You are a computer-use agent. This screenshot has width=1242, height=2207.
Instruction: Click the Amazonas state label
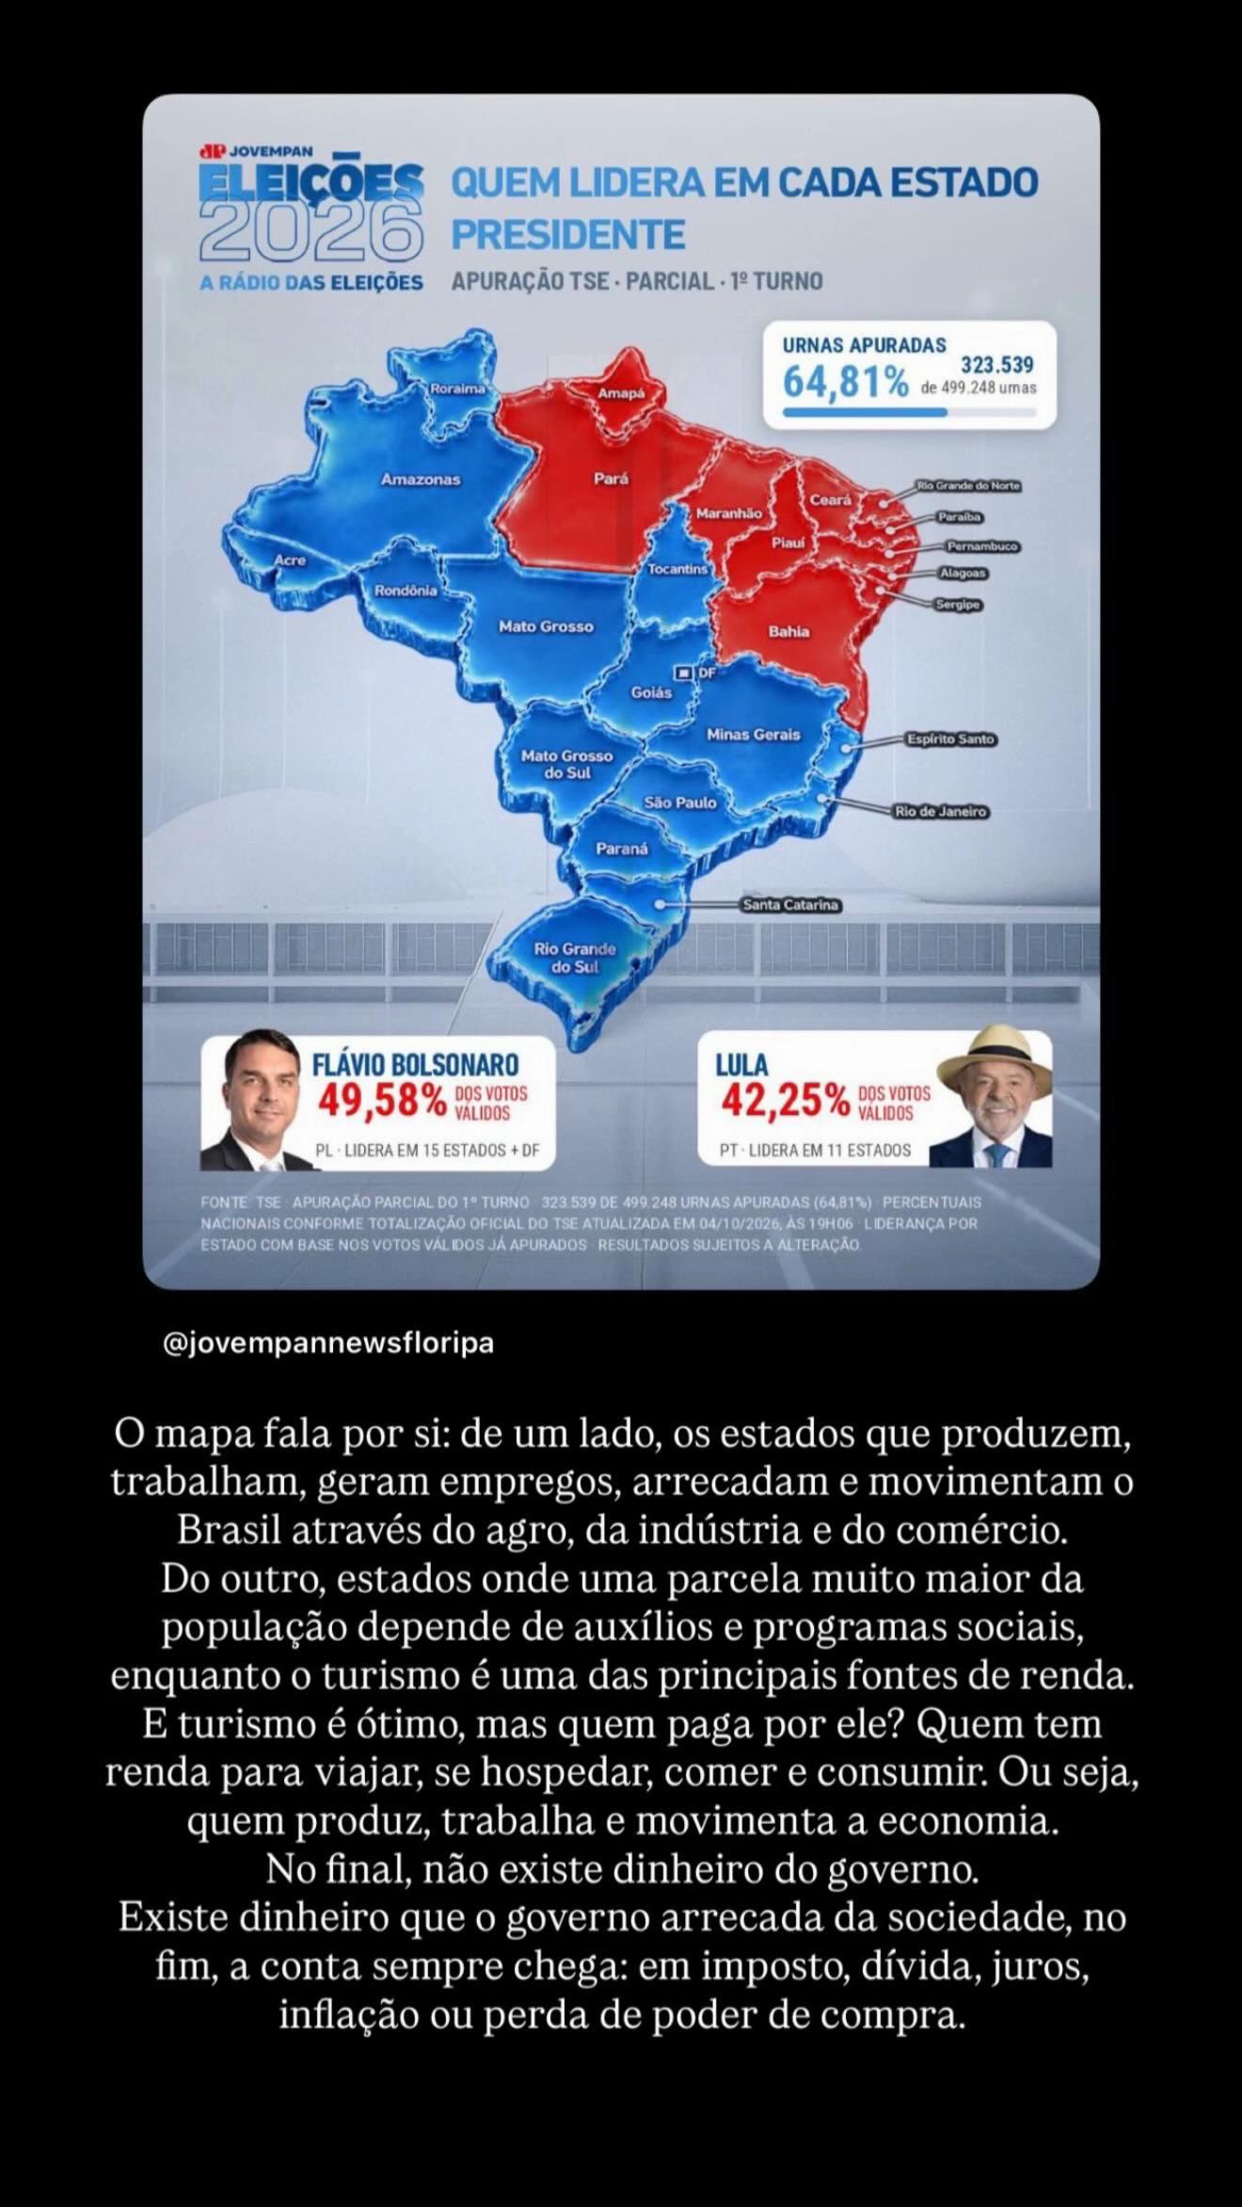pyautogui.click(x=421, y=480)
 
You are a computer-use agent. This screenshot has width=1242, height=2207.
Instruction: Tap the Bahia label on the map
pyautogui.click(x=788, y=631)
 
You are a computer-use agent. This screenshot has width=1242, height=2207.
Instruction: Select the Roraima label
pyautogui.click(x=457, y=389)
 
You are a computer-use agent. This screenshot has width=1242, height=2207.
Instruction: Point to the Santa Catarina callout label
pyautogui.click(x=790, y=905)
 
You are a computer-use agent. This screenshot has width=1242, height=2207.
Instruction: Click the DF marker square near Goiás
pyautogui.click(x=684, y=674)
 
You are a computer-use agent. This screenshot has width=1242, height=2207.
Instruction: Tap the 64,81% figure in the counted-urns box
pyautogui.click(x=846, y=382)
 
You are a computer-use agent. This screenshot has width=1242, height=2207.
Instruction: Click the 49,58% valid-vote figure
pyautogui.click(x=382, y=1101)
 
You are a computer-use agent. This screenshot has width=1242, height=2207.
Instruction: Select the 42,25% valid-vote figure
pyautogui.click(x=785, y=1100)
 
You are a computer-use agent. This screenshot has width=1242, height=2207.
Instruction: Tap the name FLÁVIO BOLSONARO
pyautogui.click(x=415, y=1064)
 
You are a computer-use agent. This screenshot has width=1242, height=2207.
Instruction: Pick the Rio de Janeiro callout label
pyautogui.click(x=941, y=811)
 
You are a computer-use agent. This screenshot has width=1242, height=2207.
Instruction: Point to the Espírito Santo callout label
pyautogui.click(x=950, y=739)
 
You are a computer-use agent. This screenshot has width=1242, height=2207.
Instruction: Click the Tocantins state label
pyautogui.click(x=677, y=569)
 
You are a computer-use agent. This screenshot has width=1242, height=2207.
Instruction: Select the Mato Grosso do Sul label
pyautogui.click(x=566, y=764)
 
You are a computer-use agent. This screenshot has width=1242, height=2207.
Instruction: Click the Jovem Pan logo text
pyautogui.click(x=257, y=151)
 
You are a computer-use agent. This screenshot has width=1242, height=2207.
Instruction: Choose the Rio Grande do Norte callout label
pyautogui.click(x=968, y=486)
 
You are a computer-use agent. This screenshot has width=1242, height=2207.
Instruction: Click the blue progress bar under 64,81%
pyautogui.click(x=865, y=412)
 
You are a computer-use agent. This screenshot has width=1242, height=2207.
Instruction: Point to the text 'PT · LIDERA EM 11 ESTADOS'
pyautogui.click(x=816, y=1150)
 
